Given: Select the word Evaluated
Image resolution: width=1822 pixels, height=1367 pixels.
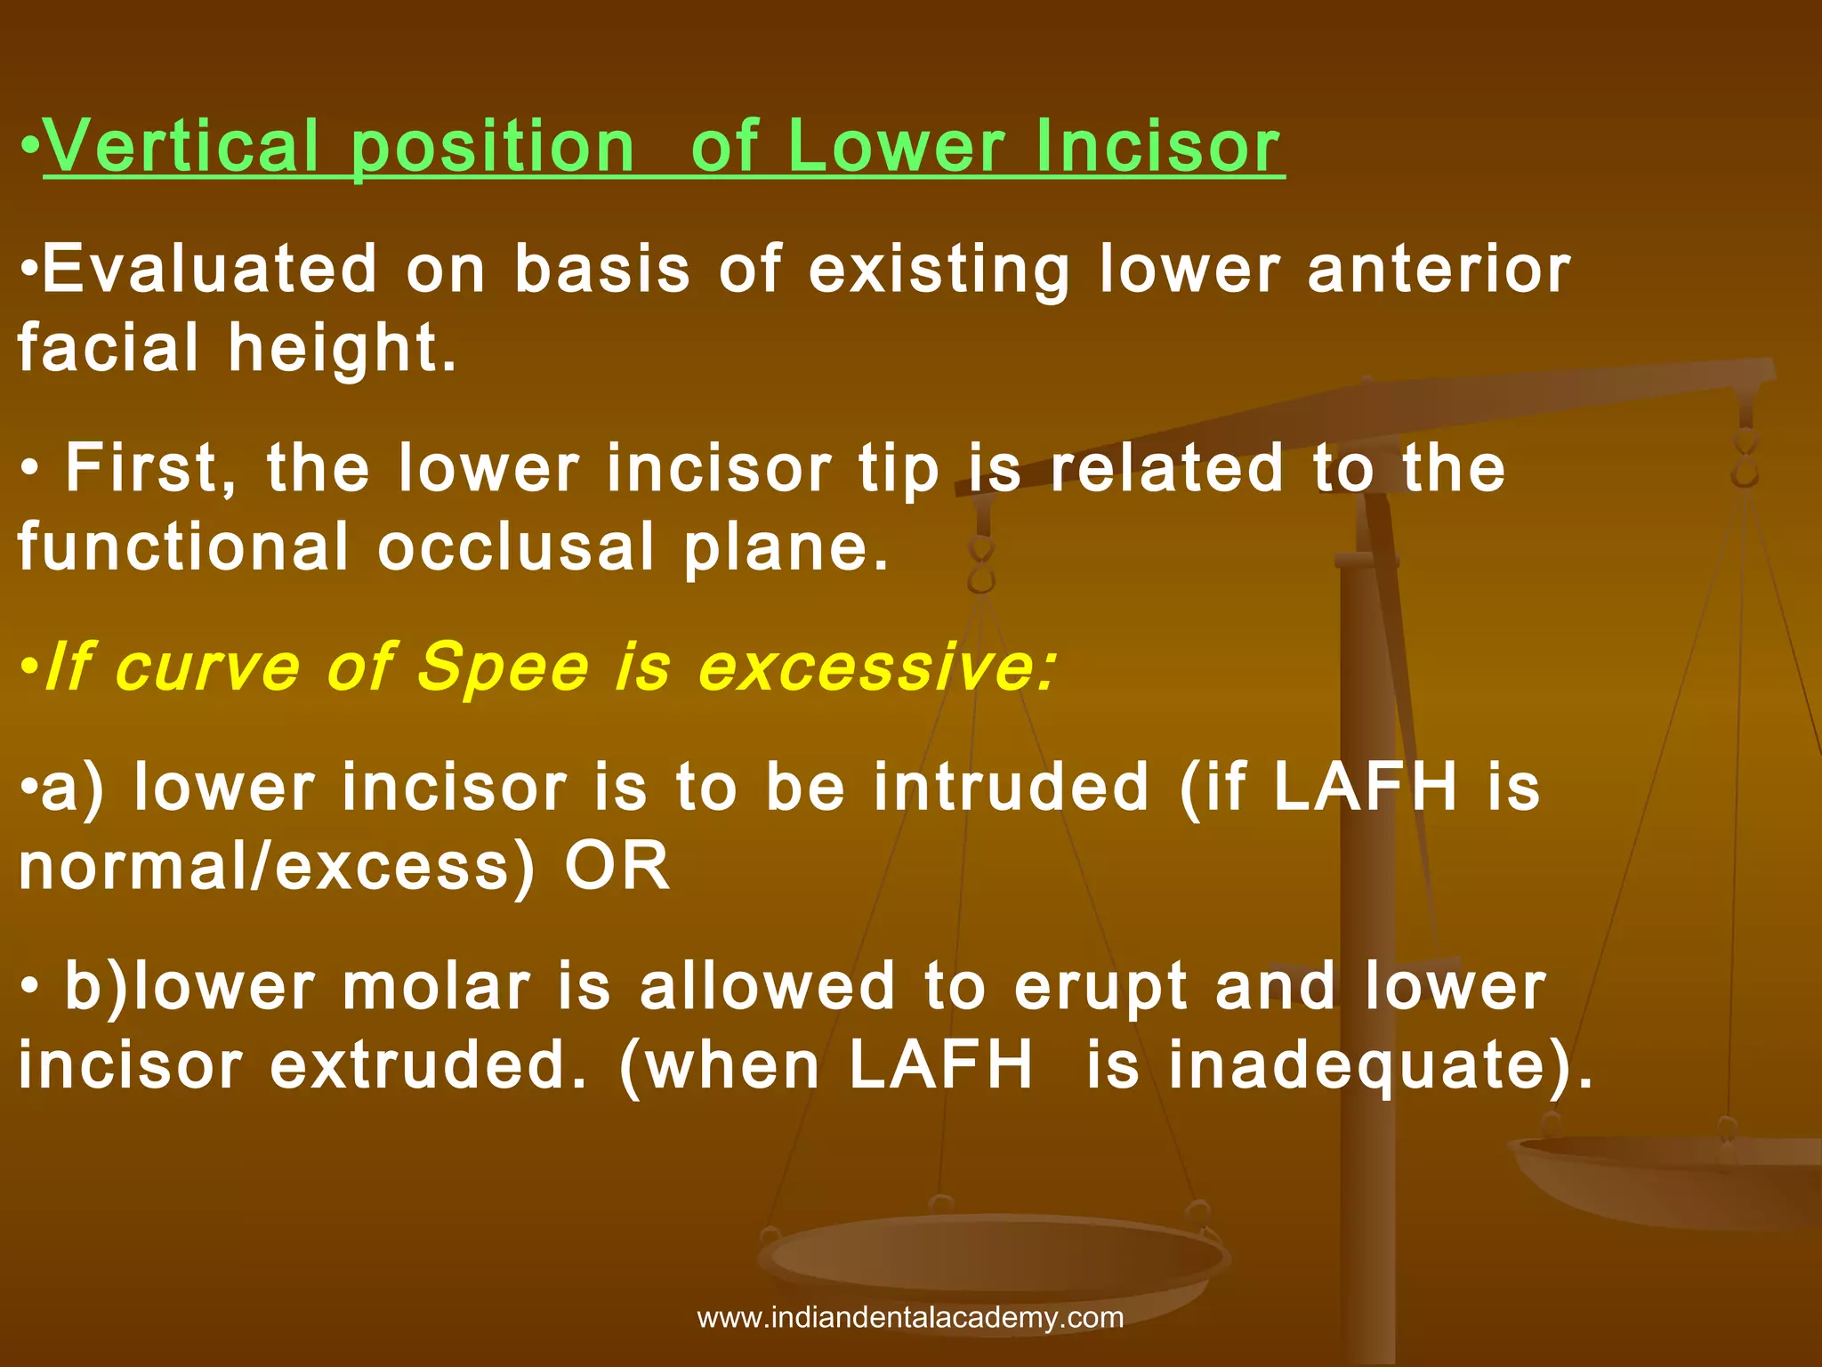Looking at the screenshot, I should tap(210, 269).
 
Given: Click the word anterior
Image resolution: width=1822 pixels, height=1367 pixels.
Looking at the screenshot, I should tap(1439, 269).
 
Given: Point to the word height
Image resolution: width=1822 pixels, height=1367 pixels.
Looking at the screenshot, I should tap(343, 347).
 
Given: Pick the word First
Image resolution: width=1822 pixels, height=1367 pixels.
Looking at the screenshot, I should tap(151, 468).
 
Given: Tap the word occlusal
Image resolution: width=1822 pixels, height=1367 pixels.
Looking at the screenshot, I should tap(516, 546).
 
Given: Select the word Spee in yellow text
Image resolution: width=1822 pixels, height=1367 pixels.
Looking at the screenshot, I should tap(503, 667).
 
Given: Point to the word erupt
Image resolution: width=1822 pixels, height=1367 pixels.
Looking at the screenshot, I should tap(1100, 988).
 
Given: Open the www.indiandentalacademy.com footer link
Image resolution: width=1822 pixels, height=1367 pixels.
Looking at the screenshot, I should tap(910, 1317).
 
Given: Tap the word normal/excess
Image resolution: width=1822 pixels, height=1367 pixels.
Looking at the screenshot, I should tap(277, 866).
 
